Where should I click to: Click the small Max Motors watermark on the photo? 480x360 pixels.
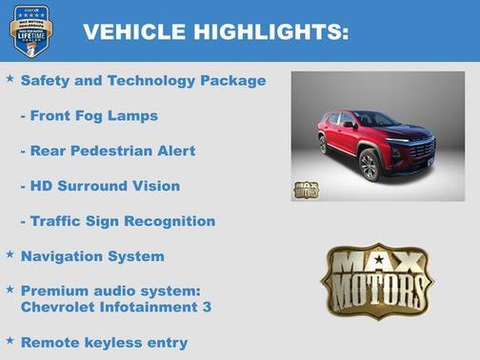pyautogui.click(x=306, y=189)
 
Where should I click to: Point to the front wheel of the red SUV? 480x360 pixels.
pyautogui.click(x=370, y=165)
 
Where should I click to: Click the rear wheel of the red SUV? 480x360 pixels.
pyautogui.click(x=324, y=144)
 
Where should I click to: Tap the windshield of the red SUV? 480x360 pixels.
pyautogui.click(x=374, y=120)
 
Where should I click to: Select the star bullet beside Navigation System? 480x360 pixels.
pyautogui.click(x=10, y=254)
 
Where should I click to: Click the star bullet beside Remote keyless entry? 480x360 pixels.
pyautogui.click(x=10, y=340)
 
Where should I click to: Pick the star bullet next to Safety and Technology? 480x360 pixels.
pyautogui.click(x=10, y=79)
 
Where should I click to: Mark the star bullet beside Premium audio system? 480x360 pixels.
pyautogui.click(x=10, y=289)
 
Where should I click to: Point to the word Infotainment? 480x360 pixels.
pyautogui.click(x=147, y=307)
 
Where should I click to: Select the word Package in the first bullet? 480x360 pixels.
pyautogui.click(x=232, y=81)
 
